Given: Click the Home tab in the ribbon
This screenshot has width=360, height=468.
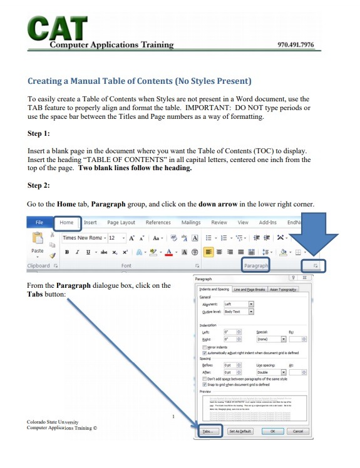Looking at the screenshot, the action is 66,222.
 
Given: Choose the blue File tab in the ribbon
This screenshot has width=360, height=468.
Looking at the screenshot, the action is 39,222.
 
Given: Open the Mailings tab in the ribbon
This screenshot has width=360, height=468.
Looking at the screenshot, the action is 191,222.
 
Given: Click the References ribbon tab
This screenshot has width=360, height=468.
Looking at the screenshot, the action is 158,222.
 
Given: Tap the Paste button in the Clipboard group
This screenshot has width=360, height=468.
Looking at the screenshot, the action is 37,244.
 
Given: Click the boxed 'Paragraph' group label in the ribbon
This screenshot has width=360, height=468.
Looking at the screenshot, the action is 255,266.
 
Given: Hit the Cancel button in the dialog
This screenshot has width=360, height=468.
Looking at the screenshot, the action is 297,431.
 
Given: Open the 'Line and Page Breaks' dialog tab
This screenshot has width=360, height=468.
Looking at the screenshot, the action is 249,290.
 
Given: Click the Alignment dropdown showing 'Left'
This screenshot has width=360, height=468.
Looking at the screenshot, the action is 239,305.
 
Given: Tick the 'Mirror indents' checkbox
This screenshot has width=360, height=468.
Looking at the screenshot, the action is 205,346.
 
